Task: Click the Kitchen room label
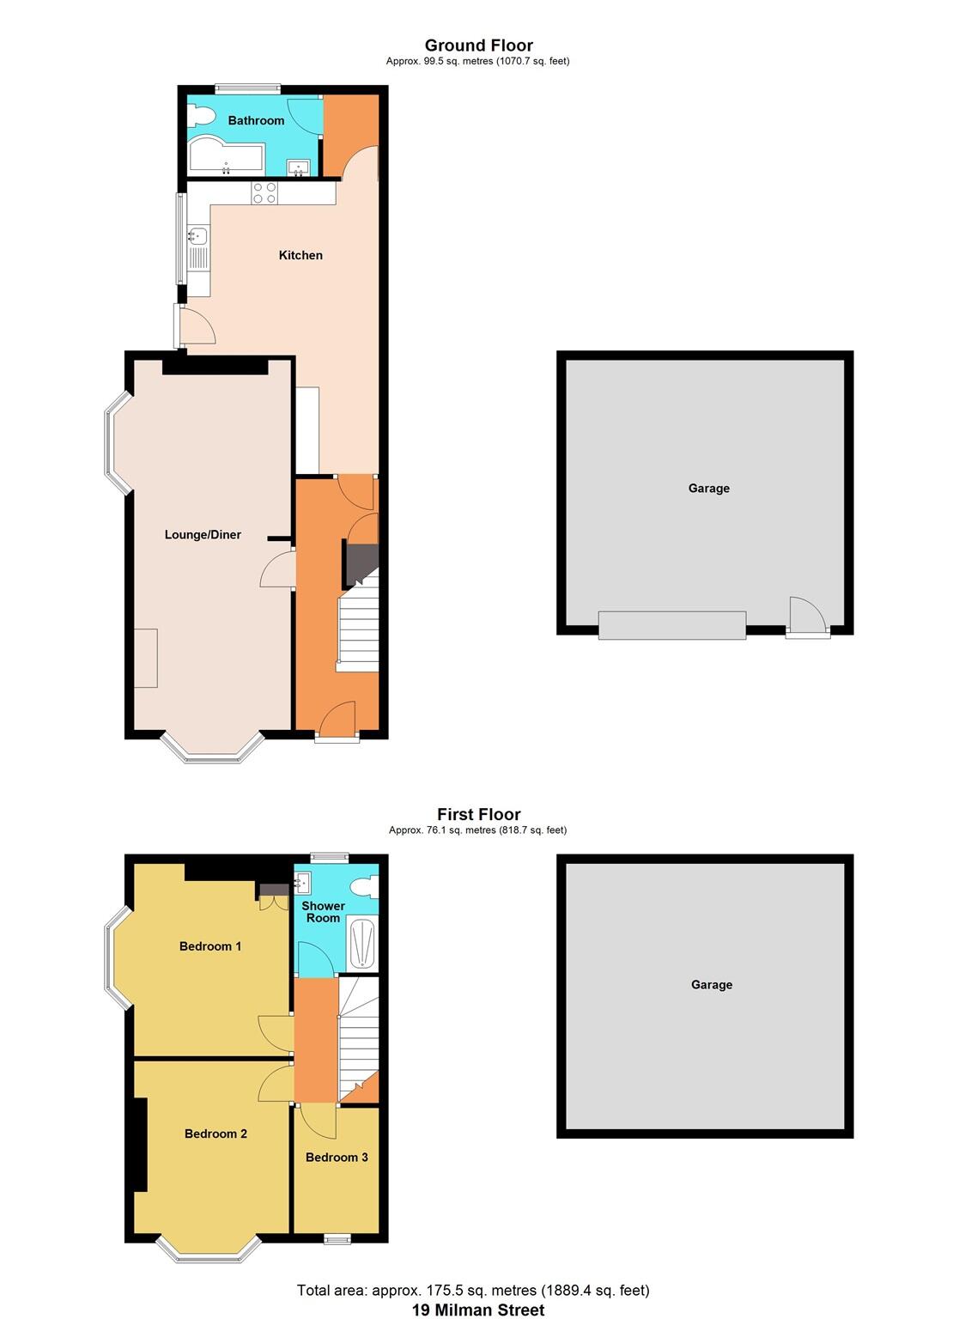[x=300, y=255]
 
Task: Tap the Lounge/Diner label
[x=203, y=534]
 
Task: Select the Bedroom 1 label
[x=210, y=946]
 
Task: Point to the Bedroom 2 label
[x=215, y=1134]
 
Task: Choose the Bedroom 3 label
[x=337, y=1157]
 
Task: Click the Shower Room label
[x=323, y=912]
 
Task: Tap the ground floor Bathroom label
[x=256, y=120]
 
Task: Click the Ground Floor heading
[x=478, y=46]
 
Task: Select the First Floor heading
[x=478, y=814]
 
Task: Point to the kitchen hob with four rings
[x=264, y=193]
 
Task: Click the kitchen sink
[x=198, y=234]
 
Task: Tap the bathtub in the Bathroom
[x=225, y=157]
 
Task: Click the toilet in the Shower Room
[x=365, y=884]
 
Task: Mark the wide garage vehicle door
[x=671, y=625]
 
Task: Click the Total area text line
[x=473, y=1290]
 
